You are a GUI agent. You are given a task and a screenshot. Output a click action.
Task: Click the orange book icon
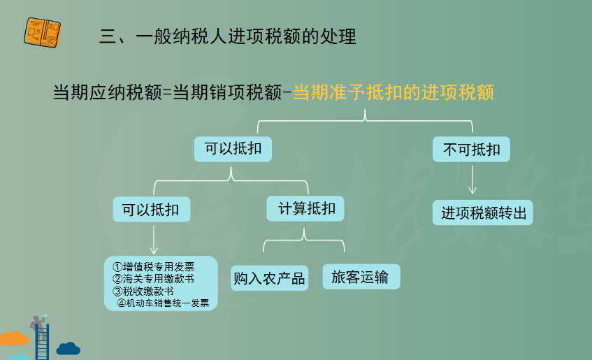[x=42, y=32]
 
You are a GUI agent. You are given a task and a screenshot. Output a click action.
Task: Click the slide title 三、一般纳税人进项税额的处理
[x=228, y=36]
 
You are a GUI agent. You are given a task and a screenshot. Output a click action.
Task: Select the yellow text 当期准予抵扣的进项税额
[x=394, y=92]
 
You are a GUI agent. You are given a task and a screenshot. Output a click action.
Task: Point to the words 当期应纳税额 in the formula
[x=108, y=92]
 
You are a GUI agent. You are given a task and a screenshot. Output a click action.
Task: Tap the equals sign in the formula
[x=167, y=93]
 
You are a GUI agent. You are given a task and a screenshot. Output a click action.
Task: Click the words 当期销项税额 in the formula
[x=227, y=92]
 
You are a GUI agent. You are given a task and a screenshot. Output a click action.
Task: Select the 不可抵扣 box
[x=471, y=149]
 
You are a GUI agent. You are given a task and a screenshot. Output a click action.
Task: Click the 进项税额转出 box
[x=482, y=213]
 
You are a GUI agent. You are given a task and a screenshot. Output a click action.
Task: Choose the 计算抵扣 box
[x=305, y=208]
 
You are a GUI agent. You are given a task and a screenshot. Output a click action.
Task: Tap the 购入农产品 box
[x=269, y=278]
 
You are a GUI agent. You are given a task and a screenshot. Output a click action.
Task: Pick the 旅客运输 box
[x=361, y=277]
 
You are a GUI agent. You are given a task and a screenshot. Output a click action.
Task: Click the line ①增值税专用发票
[x=153, y=267]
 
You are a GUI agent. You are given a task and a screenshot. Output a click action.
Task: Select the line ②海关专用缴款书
[x=153, y=279]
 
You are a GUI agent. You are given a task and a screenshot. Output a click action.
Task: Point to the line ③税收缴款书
[x=143, y=291]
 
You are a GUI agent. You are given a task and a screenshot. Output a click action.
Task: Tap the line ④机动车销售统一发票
[x=163, y=303]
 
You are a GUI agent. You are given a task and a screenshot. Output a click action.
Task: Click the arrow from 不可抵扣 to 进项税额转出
[x=472, y=180]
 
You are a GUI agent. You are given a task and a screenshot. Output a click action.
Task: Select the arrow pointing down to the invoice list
[x=154, y=240]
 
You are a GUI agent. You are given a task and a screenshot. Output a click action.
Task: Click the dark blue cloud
[x=68, y=349]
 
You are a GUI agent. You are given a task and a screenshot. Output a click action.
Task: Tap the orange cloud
[x=14, y=338]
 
